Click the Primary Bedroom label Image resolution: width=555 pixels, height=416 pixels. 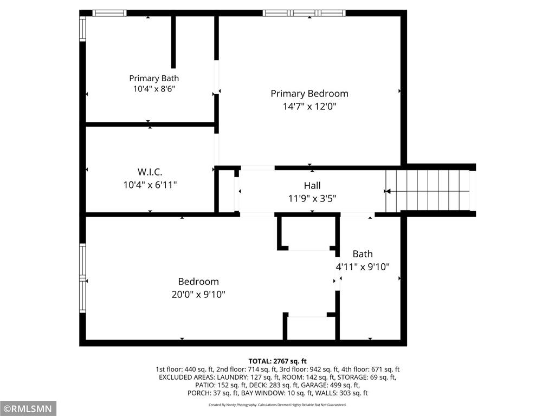point(309,94)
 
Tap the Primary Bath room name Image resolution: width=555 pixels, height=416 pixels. point(154,78)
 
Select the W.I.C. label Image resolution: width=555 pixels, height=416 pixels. point(150,172)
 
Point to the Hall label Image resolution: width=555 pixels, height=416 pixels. point(312,185)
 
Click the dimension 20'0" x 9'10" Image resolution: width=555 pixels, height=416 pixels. point(198,294)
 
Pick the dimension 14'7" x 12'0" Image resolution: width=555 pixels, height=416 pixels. point(309,106)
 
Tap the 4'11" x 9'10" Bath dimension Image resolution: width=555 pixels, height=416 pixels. point(363,266)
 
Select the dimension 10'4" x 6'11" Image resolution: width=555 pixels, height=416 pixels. point(150,185)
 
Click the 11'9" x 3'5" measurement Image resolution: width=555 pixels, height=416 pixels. point(312,198)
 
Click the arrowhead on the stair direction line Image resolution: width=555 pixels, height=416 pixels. point(388,191)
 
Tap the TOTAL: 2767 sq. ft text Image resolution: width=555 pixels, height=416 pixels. point(277,361)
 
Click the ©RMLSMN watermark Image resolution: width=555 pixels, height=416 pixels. point(28,409)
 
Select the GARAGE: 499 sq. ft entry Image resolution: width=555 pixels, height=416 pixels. point(330,385)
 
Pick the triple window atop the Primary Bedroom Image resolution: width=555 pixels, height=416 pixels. point(304,13)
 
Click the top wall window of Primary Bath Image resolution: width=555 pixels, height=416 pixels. point(109,13)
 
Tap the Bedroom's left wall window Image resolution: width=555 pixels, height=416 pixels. point(82,278)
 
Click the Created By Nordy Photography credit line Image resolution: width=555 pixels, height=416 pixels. point(277,405)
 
